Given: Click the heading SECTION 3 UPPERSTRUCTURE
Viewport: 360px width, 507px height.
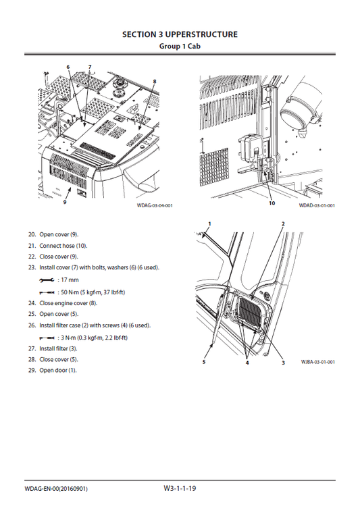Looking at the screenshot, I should (x=179, y=34).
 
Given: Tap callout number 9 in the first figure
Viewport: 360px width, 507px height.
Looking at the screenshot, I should (x=65, y=201).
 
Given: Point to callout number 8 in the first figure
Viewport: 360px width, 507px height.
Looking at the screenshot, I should (x=155, y=81).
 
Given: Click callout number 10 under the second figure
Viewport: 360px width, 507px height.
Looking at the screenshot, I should (x=272, y=202).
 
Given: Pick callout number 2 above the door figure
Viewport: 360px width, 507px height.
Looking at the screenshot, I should (x=283, y=223).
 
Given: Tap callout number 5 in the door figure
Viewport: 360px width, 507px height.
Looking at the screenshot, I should (x=203, y=362).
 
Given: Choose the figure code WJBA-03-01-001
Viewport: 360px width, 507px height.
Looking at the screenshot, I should (x=318, y=362).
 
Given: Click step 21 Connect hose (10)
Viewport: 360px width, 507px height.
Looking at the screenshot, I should (x=63, y=245).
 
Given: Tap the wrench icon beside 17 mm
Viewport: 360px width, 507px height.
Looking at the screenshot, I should (x=47, y=279).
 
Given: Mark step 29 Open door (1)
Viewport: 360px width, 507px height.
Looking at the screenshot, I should (x=58, y=370).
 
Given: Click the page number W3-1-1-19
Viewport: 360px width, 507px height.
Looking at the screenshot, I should (x=180, y=487).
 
